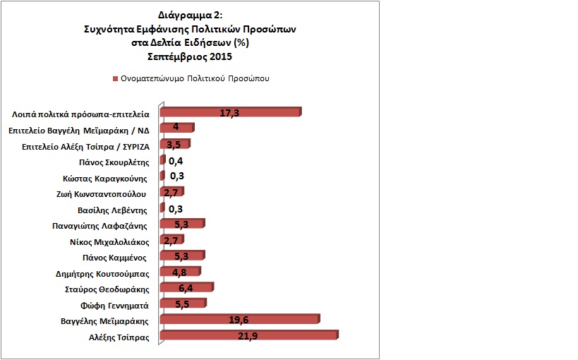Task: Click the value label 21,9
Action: tap(247, 337)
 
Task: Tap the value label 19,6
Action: tap(239, 320)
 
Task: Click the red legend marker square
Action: tap(114, 78)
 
